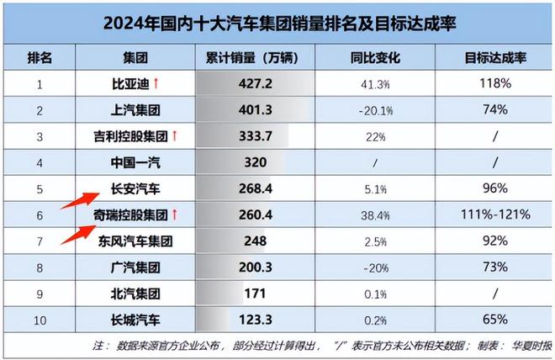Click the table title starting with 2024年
tap(278, 24)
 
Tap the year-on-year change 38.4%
tap(370, 214)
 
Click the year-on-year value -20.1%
tap(370, 110)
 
